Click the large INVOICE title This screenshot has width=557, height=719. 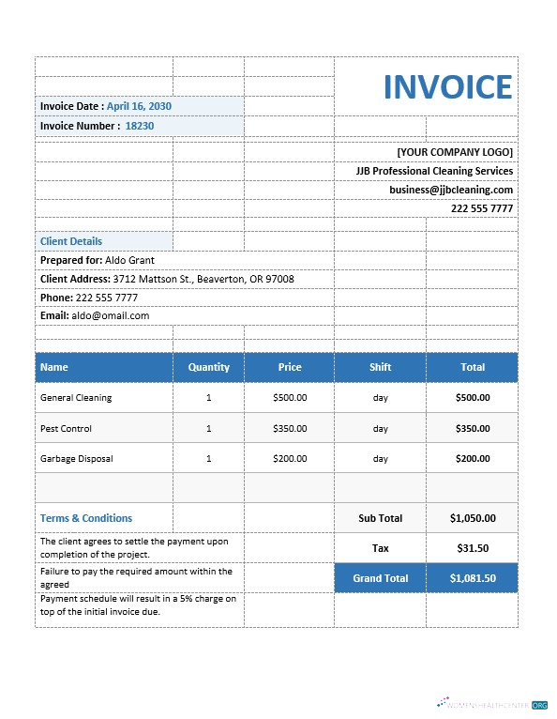[447, 86]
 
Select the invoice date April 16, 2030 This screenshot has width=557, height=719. [139, 106]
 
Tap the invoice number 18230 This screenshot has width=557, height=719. [140, 126]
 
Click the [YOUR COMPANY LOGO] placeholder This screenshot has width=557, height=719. [455, 152]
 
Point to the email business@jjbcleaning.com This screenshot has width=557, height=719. [451, 190]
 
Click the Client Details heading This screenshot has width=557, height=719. [71, 241]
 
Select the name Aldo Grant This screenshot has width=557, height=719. [129, 260]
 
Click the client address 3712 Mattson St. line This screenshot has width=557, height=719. [203, 279]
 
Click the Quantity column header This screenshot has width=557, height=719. [208, 367]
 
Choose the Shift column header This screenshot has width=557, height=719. [380, 367]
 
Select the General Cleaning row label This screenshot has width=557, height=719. [76, 398]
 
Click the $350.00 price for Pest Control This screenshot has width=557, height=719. [289, 429]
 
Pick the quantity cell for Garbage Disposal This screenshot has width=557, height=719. [208, 459]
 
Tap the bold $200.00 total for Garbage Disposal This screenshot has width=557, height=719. [472, 459]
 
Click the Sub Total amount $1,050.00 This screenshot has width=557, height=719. [472, 518]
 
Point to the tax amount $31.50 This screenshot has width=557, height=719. [472, 548]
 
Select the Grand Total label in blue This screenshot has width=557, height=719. [380, 578]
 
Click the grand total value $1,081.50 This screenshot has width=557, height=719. [472, 578]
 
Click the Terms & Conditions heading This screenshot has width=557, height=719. [86, 518]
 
